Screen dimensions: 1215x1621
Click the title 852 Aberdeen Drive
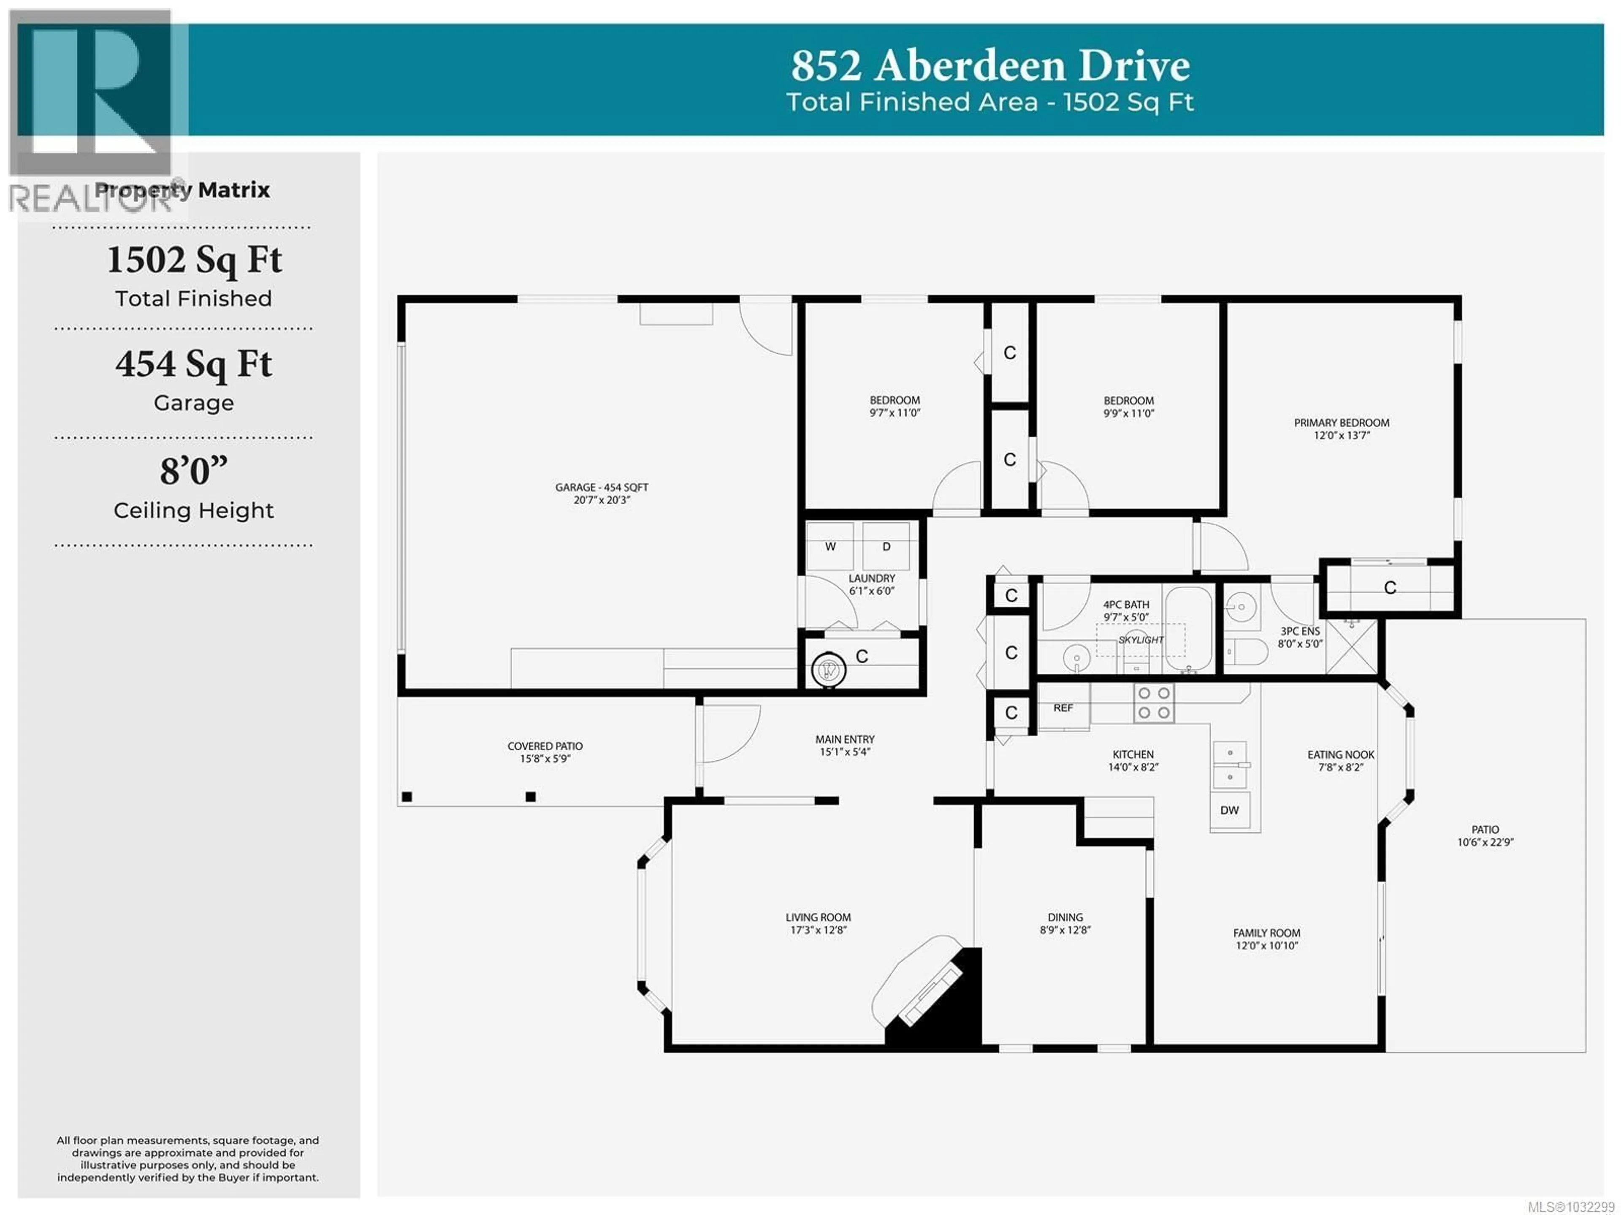click(x=989, y=66)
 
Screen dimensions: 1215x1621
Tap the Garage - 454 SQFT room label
click(x=601, y=487)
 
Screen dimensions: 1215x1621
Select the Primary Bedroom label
click(x=1341, y=423)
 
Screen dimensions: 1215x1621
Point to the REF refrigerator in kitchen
click(x=1063, y=708)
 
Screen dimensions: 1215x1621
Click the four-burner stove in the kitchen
click(x=1153, y=703)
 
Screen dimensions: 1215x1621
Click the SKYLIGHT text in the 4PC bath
click(x=1140, y=640)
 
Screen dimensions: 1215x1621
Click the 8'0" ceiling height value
click(x=193, y=471)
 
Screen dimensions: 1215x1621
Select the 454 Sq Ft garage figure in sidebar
click(x=193, y=364)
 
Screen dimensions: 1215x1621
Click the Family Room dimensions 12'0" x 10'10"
click(x=1266, y=945)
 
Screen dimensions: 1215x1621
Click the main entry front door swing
click(x=729, y=733)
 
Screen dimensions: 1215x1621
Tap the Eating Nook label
click(x=1340, y=755)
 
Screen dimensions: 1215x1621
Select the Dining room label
click(x=1065, y=917)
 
